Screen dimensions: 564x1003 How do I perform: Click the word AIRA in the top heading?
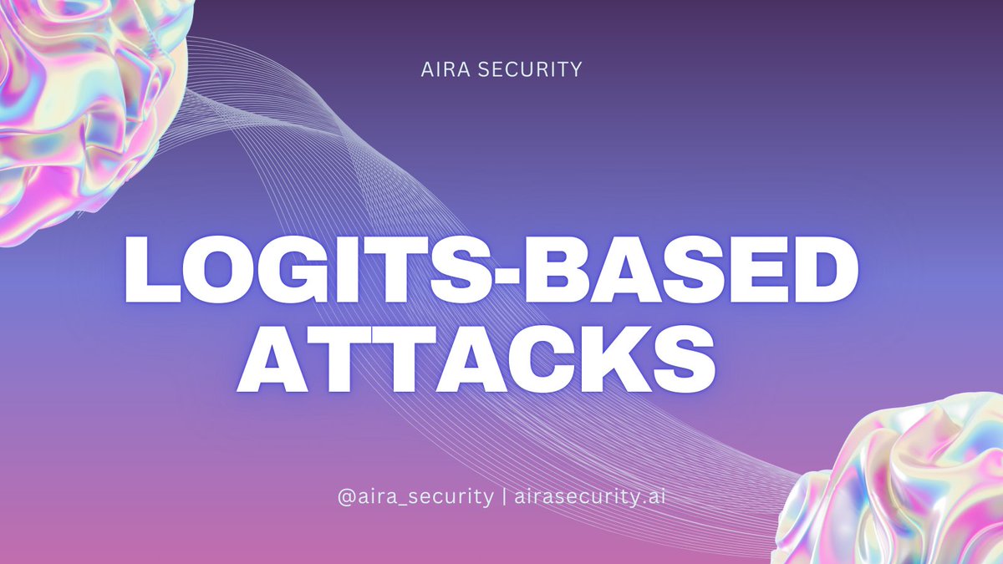(x=447, y=69)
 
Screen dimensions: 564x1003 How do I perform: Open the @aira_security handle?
(x=415, y=496)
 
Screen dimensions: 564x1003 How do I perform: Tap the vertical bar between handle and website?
(x=504, y=496)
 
